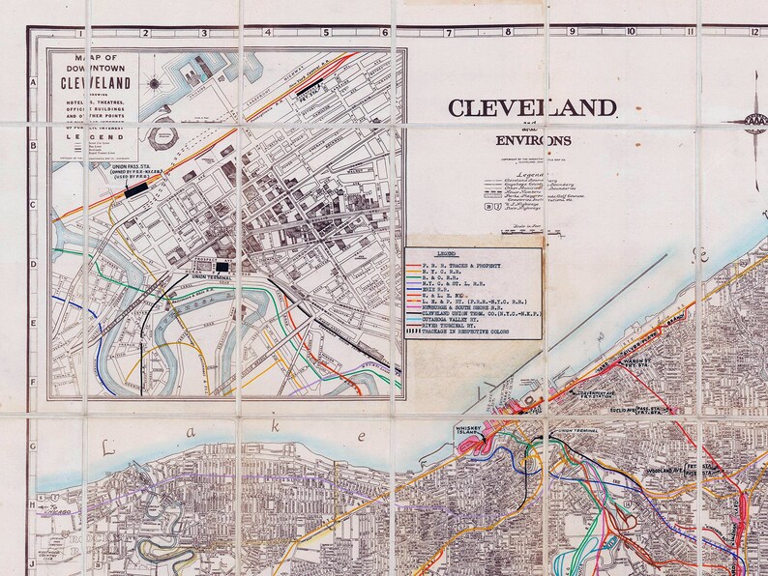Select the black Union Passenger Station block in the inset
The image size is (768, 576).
pos(136,190)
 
